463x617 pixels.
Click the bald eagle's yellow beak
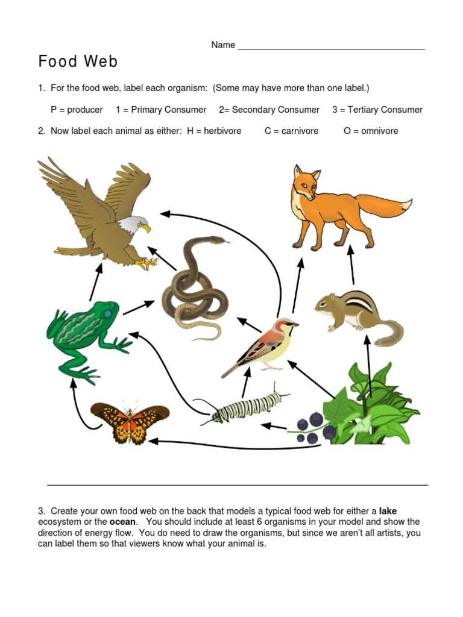tap(144, 228)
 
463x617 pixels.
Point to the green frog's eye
tap(107, 314)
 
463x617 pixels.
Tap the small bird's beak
tap(295, 325)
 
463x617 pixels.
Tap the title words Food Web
tap(78, 61)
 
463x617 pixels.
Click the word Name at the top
tap(223, 45)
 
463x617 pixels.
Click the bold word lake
tap(388, 511)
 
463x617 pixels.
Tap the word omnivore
tap(379, 131)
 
